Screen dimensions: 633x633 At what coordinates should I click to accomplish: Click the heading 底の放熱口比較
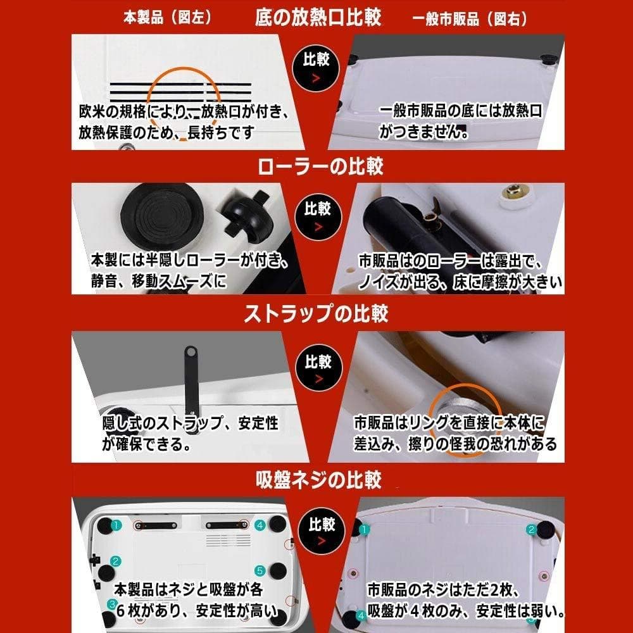pyautogui.click(x=318, y=17)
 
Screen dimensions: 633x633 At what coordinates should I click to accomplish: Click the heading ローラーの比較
pyautogui.click(x=320, y=166)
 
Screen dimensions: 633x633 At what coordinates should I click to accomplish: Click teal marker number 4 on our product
pyautogui.click(x=260, y=525)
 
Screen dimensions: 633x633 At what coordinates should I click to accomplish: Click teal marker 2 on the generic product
pyautogui.click(x=532, y=530)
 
